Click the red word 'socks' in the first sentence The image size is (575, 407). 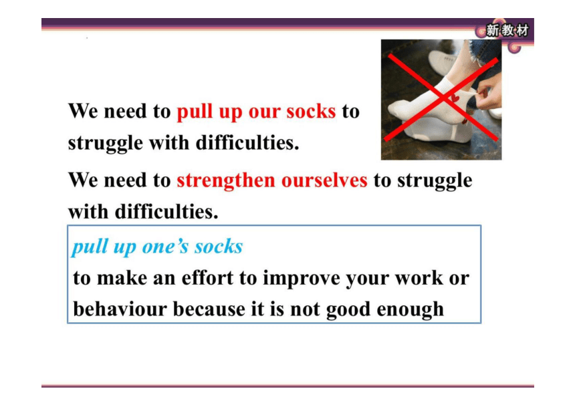311,111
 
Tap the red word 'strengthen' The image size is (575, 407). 226,180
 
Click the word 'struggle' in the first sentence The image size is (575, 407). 105,143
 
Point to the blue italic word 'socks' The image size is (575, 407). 219,247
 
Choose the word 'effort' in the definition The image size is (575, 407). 207,277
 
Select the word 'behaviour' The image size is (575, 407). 120,309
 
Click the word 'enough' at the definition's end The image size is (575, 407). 411,310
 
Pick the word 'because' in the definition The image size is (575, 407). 209,309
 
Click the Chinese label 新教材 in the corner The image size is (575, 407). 507,30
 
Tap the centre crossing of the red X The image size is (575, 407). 443,98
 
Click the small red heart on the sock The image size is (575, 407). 455,98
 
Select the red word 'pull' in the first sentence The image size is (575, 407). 195,112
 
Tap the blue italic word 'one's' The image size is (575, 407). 165,247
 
